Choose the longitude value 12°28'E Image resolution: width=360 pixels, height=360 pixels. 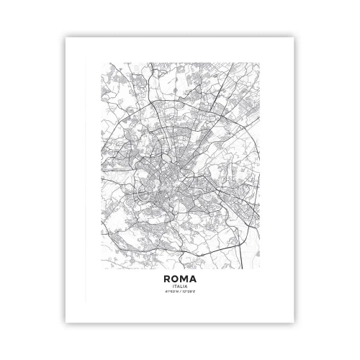point(188,292)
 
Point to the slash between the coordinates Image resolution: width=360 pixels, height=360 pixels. point(180,292)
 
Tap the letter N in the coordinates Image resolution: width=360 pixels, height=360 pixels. point(177,292)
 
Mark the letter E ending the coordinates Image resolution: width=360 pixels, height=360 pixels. point(193,292)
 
